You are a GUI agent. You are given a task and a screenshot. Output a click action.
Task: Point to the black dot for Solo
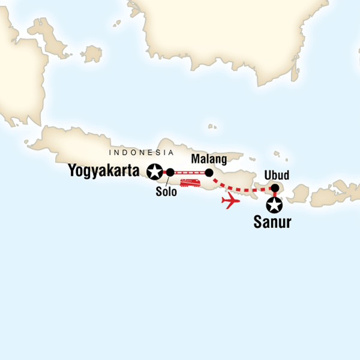[170, 173]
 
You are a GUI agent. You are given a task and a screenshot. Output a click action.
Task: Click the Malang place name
[208, 160]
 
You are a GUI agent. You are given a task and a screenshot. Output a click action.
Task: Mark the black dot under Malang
[209, 173]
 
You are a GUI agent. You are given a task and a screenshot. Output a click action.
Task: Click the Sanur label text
[271, 223]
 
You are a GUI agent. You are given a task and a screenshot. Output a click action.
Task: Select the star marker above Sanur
[274, 206]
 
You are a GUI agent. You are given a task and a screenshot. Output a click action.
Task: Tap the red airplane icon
[231, 201]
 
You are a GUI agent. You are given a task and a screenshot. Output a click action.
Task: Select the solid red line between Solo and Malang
[190, 173]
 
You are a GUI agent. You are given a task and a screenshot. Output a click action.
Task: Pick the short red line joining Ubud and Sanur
[275, 197]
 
